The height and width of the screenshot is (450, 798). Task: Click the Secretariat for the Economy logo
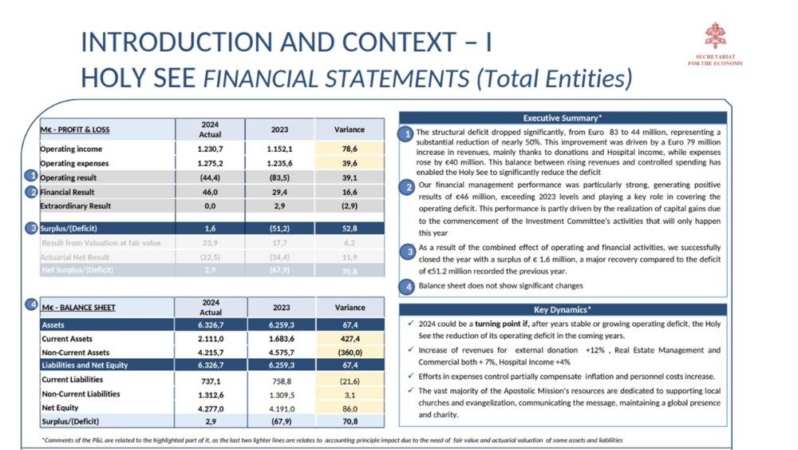point(714,37)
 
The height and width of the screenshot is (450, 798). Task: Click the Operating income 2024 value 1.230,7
point(211,149)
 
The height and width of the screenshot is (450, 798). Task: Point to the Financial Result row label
point(69,192)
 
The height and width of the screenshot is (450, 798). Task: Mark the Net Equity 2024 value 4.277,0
point(211,407)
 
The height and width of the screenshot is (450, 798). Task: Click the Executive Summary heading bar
point(563,117)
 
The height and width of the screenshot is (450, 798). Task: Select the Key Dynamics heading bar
point(563,309)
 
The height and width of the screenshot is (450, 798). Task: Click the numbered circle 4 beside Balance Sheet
point(31,305)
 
